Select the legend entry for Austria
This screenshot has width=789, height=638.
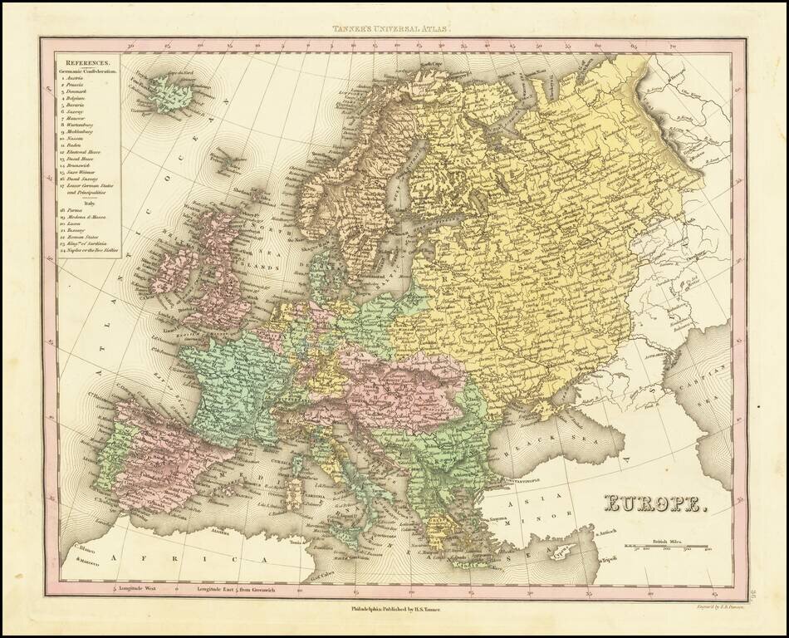pyautogui.click(x=81, y=80)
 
